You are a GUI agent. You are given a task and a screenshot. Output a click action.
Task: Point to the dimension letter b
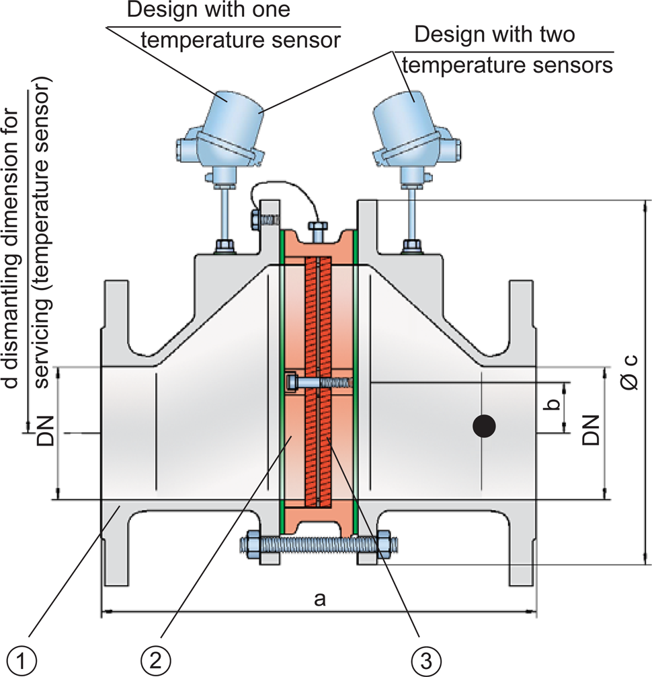click(553, 406)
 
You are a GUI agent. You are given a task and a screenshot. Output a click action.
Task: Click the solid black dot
click(483, 426)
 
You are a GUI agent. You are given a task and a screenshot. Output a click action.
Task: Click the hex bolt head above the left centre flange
click(255, 220)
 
